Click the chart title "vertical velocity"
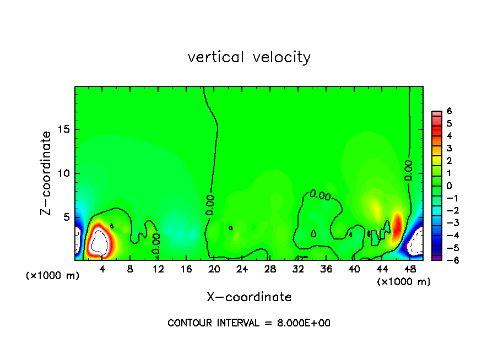pos(249,57)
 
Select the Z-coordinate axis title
pos(47,173)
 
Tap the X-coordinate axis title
pos(249,297)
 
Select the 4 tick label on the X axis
pos(102,270)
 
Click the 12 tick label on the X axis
pos(158,270)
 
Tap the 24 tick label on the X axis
pos(242,270)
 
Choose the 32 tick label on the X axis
pos(298,270)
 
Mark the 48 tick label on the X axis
pos(409,270)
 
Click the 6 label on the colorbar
pos(450,111)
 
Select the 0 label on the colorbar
pos(450,186)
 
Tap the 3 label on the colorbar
pos(450,148)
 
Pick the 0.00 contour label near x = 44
pos(408,171)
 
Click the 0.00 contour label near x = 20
pos(210,205)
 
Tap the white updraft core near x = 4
pos(100,242)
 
